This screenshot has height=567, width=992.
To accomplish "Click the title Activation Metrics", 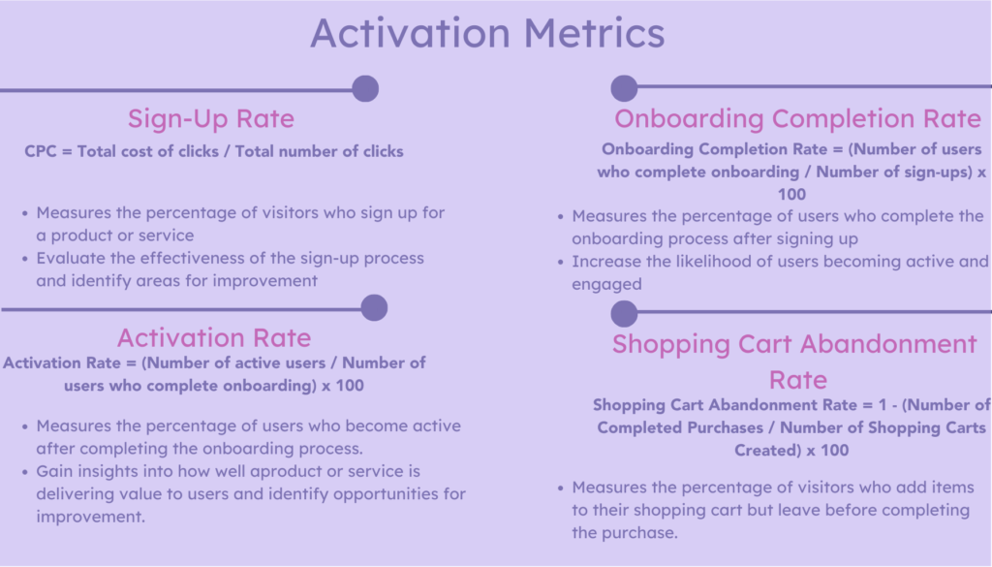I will coord(487,33).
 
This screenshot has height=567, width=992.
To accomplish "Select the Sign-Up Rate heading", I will coord(211,119).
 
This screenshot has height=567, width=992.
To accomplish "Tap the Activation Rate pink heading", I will coord(214,337).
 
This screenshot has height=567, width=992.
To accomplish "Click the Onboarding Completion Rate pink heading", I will coord(798,119).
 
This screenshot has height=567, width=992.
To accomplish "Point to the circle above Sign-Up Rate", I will coord(365,89).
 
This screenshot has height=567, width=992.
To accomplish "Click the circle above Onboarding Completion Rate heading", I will coord(625,89).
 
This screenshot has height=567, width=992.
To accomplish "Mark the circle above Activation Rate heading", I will coord(374,308).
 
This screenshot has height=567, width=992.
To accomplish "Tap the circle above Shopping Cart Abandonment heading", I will coord(625,313).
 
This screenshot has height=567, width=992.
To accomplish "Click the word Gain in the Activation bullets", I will coord(55,470).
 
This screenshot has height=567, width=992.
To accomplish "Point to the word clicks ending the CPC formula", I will coord(379,151).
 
